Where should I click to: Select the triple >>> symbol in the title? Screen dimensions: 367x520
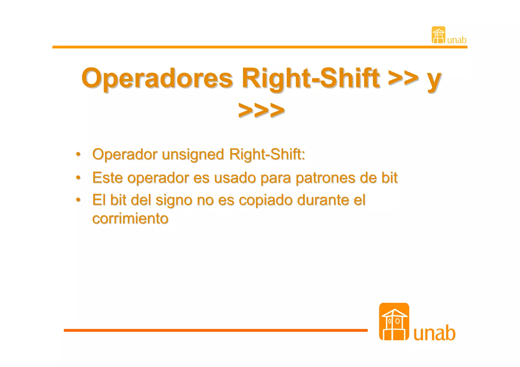(261, 110)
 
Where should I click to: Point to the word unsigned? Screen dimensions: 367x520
(193, 154)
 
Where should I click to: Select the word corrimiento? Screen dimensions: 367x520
(130, 218)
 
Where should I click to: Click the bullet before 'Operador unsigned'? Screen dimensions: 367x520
(78, 154)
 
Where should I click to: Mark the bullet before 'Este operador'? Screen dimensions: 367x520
(78, 177)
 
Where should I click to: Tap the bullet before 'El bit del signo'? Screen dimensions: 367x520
(78, 200)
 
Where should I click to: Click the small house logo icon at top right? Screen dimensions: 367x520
(438, 35)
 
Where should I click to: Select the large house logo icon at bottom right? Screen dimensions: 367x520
(394, 322)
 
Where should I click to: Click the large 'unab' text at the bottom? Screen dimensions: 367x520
(434, 333)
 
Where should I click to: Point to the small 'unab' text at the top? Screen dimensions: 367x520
(457, 40)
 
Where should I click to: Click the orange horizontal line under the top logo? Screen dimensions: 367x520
(259, 47)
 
